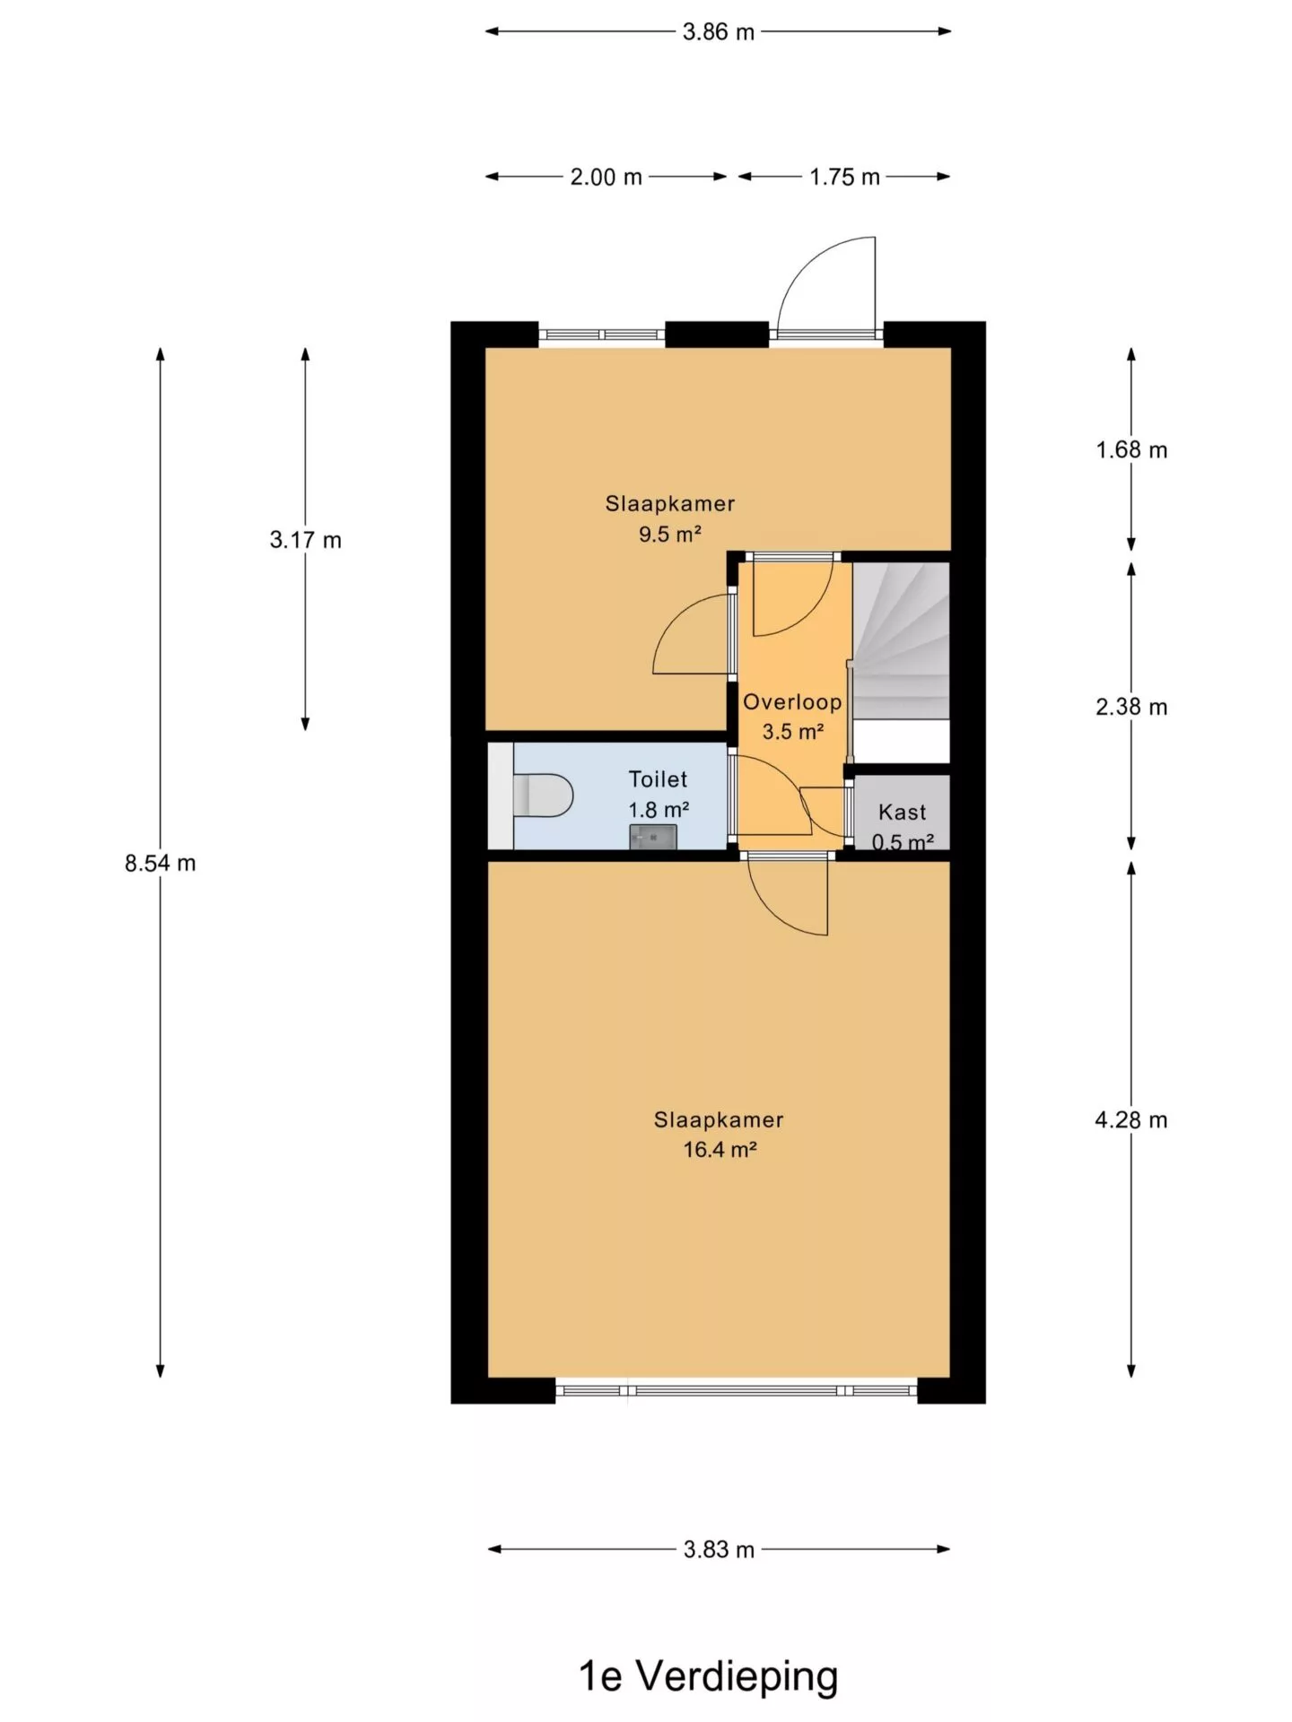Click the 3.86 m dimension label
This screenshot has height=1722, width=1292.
[718, 32]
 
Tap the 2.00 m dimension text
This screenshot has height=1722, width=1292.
[606, 178]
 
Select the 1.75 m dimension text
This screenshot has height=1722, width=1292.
[844, 178]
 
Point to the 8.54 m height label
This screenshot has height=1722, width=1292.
[160, 864]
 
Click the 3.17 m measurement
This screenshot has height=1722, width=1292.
[305, 540]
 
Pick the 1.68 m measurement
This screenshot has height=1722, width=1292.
[1131, 450]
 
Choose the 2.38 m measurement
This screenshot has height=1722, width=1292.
[1131, 708]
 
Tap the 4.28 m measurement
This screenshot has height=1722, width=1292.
[1131, 1120]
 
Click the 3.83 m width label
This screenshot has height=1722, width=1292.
[719, 1550]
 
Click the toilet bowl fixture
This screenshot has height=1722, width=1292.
[543, 796]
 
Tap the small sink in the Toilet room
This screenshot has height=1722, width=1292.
[652, 837]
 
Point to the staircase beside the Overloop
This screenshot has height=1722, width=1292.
[900, 640]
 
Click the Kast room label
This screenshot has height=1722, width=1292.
[902, 813]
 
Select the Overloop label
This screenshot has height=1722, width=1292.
[792, 702]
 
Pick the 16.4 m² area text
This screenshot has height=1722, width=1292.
[720, 1150]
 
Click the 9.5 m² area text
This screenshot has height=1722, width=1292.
[669, 535]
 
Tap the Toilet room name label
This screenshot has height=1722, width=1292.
[658, 779]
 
